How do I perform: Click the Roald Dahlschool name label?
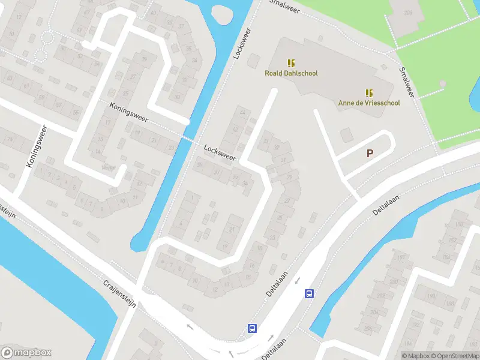pos(291,73)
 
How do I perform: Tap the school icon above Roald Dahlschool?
pos(291,63)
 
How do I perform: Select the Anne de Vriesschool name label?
pos(368,103)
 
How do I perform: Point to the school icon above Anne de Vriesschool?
pos(368,92)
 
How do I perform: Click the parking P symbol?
pos(370,154)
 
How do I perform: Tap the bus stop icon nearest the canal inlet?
pos(309,293)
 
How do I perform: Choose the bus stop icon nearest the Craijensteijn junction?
pos(253,328)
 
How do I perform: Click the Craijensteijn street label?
pos(120,293)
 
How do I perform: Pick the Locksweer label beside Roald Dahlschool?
pos(242,43)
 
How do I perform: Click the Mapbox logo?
pos(26,353)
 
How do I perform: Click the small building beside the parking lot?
pos(346,134)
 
